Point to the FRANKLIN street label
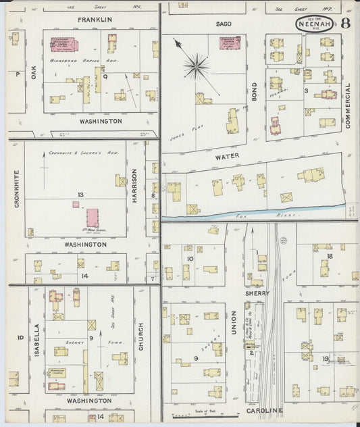pos(95,20)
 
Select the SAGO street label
pos(224,24)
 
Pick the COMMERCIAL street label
pos(348,107)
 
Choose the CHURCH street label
pos(140,335)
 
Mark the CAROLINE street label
pos(265,410)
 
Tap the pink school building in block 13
pos(92,218)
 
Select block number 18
pos(330,257)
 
